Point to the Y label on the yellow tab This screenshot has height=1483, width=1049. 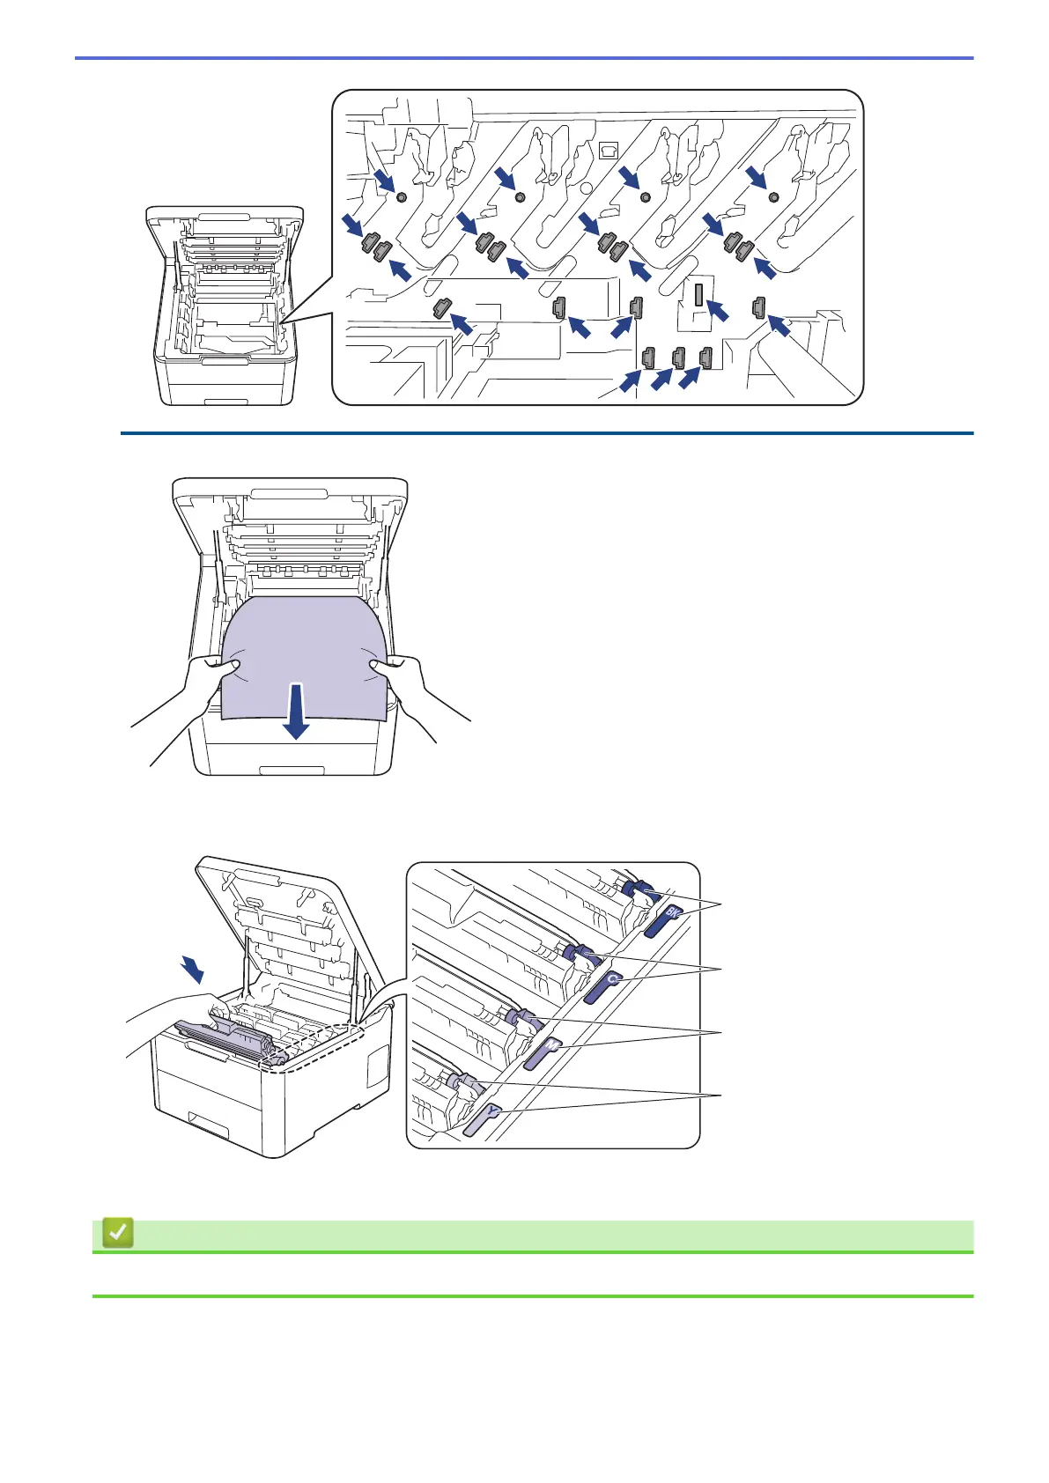point(492,1112)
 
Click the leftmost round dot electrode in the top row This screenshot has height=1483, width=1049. point(401,197)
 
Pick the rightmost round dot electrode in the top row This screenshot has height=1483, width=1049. point(773,196)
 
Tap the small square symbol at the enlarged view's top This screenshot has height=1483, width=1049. point(607,150)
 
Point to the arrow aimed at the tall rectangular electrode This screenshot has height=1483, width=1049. point(719,311)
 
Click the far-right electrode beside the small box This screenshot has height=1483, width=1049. point(758,307)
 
